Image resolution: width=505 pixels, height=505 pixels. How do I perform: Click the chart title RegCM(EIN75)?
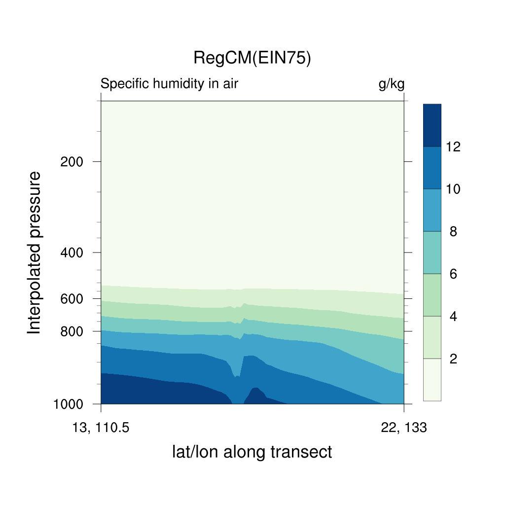252,58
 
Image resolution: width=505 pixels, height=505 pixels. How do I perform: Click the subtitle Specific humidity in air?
169,84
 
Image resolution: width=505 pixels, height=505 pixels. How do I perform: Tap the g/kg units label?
391,84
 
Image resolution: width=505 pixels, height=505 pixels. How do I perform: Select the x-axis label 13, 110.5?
101,428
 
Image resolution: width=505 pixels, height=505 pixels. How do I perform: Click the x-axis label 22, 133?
404,428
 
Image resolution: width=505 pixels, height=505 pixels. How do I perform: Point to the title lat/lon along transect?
252,452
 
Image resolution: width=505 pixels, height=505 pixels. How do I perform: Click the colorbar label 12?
453,147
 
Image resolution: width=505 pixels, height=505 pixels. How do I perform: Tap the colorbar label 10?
453,189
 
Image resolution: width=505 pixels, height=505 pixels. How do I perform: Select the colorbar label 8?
453,232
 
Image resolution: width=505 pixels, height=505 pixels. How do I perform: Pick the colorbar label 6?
453,274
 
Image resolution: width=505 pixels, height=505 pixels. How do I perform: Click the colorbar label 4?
453,317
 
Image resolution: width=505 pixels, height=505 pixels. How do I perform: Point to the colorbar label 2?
453,359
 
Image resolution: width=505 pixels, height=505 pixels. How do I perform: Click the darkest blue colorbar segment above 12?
432,125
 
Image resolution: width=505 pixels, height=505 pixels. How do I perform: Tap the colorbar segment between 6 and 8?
432,252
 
